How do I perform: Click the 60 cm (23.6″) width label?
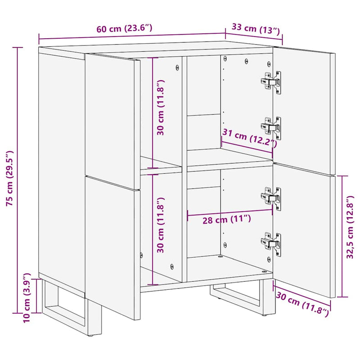(124, 29)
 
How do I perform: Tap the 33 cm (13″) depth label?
(256, 30)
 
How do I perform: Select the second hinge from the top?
(272, 127)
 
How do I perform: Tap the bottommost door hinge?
(272, 243)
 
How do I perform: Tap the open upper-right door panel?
(306, 112)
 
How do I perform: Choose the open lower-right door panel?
(306, 229)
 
